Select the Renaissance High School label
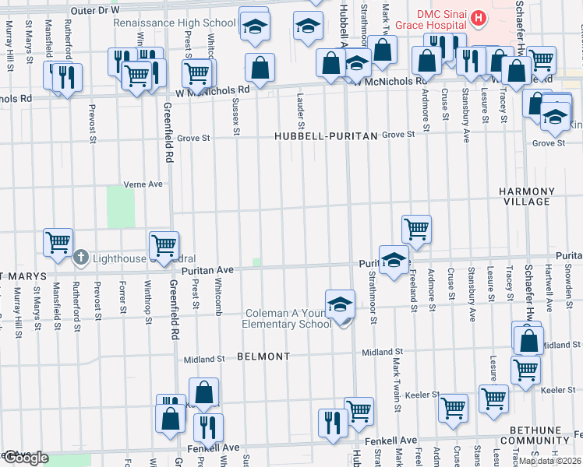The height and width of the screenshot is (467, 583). pos(174,23)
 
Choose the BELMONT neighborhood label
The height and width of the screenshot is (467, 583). pos(263,356)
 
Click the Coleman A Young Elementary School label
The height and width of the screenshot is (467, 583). pos(288,319)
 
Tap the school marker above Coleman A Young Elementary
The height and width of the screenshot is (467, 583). pos(341,304)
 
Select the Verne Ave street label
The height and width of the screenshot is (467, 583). pos(143,184)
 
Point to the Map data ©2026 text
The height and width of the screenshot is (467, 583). pos(549,461)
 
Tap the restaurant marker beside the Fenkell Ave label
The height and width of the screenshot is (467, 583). pos(208,427)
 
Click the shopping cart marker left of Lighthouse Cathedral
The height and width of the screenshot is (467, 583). pos(58,243)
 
